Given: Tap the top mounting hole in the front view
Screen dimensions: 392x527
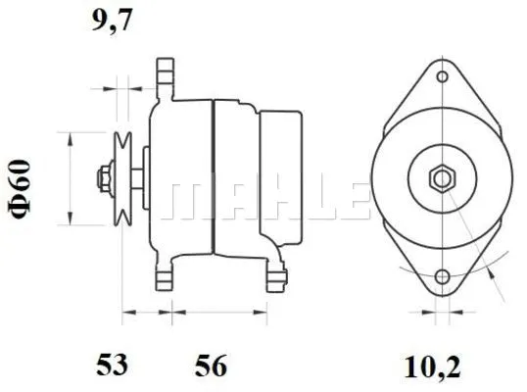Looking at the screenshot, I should (x=442, y=76).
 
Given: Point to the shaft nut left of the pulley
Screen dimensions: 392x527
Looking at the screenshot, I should (x=102, y=178).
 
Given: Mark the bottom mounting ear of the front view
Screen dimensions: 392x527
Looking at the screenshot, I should (x=442, y=279).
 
